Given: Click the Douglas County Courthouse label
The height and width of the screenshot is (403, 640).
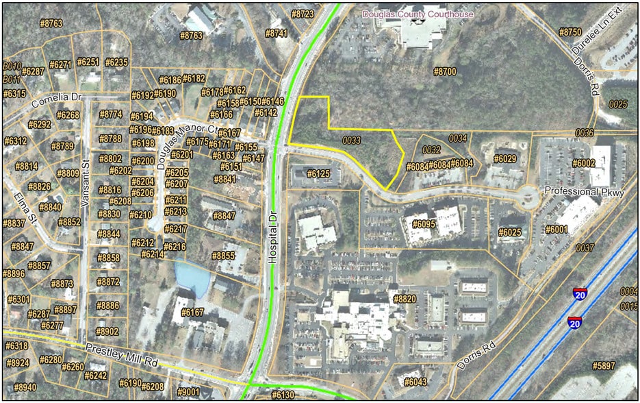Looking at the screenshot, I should coord(418,14).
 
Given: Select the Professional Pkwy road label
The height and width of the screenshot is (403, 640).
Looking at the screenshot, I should coord(585,193).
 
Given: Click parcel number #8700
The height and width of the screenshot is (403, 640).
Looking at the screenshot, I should coord(445,71).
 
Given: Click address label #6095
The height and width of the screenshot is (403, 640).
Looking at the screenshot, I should coord(424,223).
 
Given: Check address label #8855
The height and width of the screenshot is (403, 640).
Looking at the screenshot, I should coord(223,256).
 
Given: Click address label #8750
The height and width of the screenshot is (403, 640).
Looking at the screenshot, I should coord(570,32).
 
